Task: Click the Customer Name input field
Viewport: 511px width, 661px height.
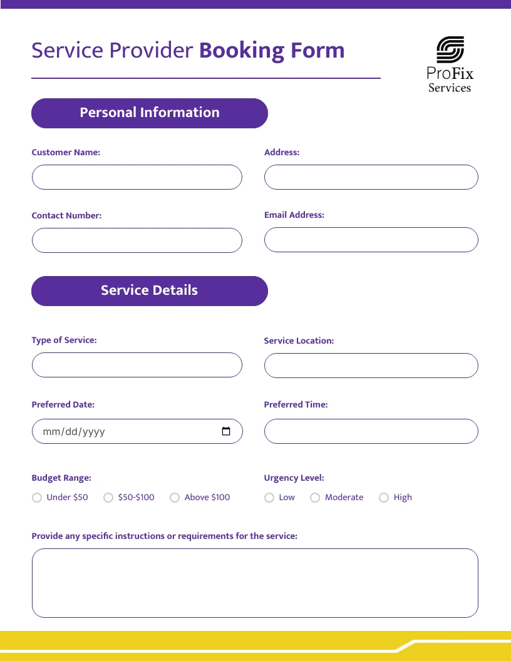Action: coord(137,177)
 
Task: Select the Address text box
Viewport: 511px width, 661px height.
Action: coord(371,177)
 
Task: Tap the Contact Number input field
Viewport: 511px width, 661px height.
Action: coord(137,240)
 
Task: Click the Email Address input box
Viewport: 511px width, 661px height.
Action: coord(371,240)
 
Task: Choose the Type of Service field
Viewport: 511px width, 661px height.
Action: coord(137,365)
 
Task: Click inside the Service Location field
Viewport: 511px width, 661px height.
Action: coord(371,366)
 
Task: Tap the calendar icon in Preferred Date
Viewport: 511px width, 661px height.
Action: coord(226,431)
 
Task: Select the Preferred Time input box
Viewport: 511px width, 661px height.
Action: coord(371,431)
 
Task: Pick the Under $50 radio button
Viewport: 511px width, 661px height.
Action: coord(36,498)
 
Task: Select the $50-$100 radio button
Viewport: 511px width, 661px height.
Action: coord(108,498)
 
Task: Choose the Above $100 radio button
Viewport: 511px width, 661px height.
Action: coord(174,498)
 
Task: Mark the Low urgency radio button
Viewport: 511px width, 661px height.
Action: coord(269,498)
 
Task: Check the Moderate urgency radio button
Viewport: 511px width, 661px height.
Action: coord(315,498)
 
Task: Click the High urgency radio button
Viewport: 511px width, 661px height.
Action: coord(384,498)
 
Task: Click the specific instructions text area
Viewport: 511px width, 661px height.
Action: coord(255,583)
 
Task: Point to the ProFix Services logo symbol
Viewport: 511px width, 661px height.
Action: coord(450,50)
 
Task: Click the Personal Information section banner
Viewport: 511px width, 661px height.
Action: coord(150,113)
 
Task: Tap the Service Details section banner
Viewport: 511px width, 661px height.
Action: coord(150,291)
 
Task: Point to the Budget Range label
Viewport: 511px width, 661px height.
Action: coord(61,478)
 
